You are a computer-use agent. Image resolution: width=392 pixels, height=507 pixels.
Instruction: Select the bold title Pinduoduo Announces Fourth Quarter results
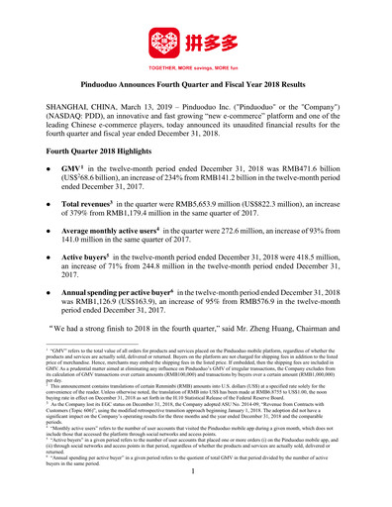195,88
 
